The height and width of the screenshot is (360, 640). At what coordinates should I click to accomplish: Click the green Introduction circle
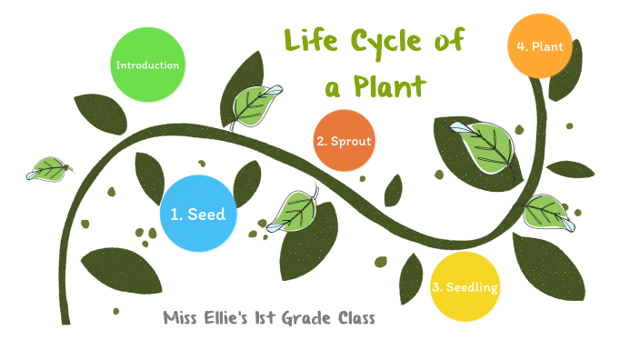[x=146, y=65]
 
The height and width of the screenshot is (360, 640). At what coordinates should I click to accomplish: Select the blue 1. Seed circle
[x=197, y=215]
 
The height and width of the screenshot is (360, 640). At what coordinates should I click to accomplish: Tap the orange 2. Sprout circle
[x=344, y=141]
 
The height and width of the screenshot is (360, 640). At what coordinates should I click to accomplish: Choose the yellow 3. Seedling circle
[x=465, y=287]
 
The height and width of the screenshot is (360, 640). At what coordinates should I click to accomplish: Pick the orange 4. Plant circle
[x=540, y=45]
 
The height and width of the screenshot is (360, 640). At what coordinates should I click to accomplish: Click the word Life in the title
[x=307, y=41]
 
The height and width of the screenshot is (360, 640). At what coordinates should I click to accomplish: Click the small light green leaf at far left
[x=47, y=169]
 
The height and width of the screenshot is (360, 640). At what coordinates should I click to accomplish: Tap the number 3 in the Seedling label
[x=436, y=288]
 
